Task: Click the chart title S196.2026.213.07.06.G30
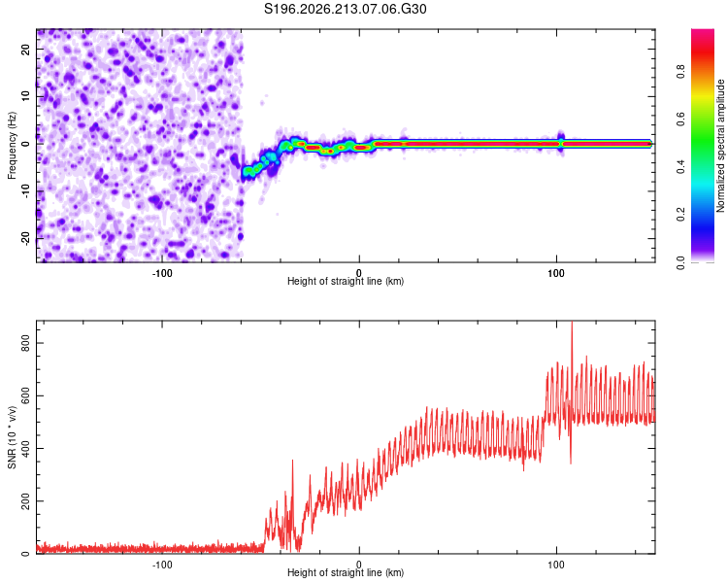(x=345, y=9)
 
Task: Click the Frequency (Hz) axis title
(x=12, y=146)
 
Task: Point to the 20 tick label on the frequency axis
(x=25, y=50)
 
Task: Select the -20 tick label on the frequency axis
(x=25, y=239)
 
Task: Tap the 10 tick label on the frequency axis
(x=25, y=96)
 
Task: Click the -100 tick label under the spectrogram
(x=161, y=273)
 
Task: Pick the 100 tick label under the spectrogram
(x=556, y=273)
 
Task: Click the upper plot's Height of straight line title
(x=346, y=281)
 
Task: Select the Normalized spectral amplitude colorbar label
(x=720, y=146)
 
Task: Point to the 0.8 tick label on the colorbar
(x=680, y=72)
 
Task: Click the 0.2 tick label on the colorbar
(x=680, y=215)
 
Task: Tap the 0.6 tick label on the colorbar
(x=680, y=119)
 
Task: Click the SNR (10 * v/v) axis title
(x=12, y=437)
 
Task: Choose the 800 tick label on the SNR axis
(x=25, y=343)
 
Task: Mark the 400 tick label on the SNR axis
(x=25, y=449)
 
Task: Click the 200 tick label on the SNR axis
(x=25, y=501)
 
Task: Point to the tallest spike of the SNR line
(x=572, y=323)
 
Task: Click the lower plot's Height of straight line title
(x=346, y=572)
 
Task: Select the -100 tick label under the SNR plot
(x=161, y=565)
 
